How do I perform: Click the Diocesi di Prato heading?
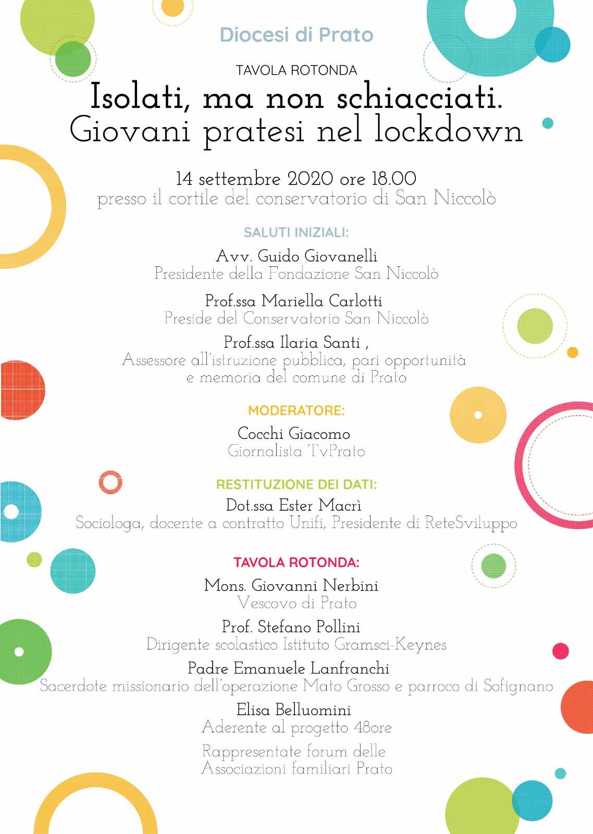tap(296, 35)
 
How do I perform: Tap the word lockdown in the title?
tap(448, 131)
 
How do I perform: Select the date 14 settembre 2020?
tap(254, 179)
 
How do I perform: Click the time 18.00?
tap(393, 179)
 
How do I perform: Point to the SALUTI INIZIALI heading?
tap(296, 232)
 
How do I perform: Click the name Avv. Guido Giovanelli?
tap(296, 256)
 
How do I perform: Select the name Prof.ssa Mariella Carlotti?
tap(294, 301)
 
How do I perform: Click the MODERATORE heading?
tap(296, 411)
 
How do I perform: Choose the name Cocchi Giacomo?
tap(294, 433)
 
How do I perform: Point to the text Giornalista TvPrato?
tap(296, 451)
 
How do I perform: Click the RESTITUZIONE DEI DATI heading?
tap(296, 484)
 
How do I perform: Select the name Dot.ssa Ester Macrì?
tap(294, 505)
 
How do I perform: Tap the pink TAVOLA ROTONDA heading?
tap(296, 562)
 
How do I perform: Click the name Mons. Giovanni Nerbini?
tap(291, 585)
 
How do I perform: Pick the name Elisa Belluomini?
tap(294, 709)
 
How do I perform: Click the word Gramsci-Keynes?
tap(390, 645)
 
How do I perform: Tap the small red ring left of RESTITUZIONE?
tap(110, 482)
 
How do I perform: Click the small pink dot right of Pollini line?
tap(560, 651)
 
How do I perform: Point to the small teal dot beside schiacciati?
tap(548, 124)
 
